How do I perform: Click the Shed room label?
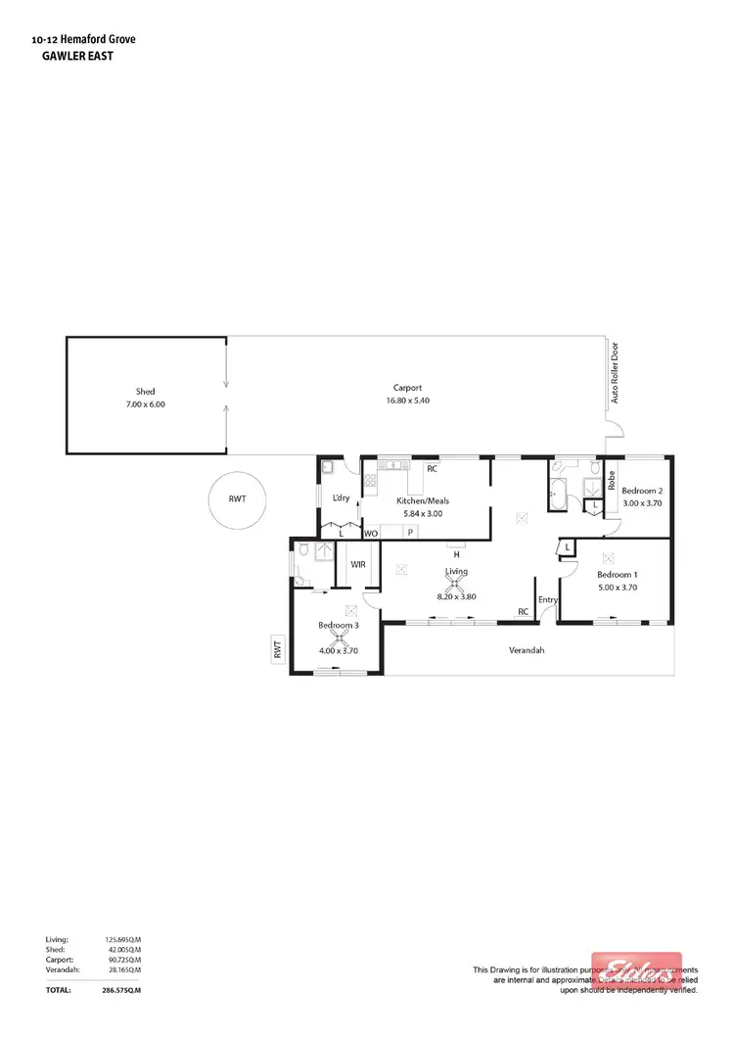(145, 391)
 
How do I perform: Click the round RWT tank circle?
(237, 499)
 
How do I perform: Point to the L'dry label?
(341, 498)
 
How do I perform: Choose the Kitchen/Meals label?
(423, 500)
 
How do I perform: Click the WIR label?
(357, 565)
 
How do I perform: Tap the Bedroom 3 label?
(337, 625)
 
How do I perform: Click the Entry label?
(547, 600)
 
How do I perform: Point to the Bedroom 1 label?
(618, 575)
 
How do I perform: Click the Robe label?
(611, 481)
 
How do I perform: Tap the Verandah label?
(527, 650)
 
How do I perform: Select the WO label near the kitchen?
(371, 534)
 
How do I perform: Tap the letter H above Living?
(456, 554)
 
